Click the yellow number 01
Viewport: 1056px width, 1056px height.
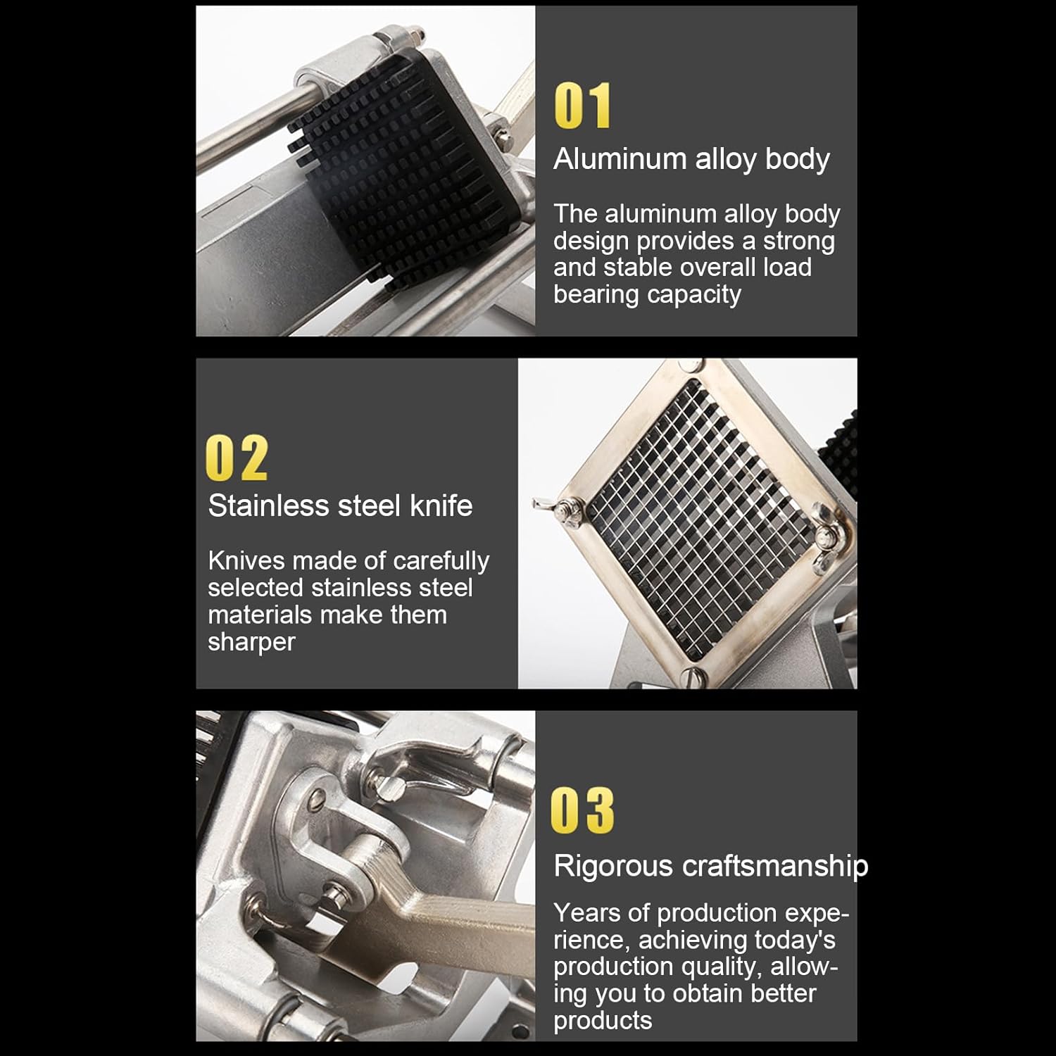(x=583, y=106)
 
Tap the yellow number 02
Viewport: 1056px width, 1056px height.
(x=237, y=458)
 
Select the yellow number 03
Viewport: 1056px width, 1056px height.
(x=582, y=810)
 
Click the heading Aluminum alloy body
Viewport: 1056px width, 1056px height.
(x=691, y=160)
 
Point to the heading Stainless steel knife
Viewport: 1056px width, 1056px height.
(x=340, y=506)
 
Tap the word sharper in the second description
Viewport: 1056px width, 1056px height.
(x=251, y=643)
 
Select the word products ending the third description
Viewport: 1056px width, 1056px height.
(x=603, y=1021)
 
